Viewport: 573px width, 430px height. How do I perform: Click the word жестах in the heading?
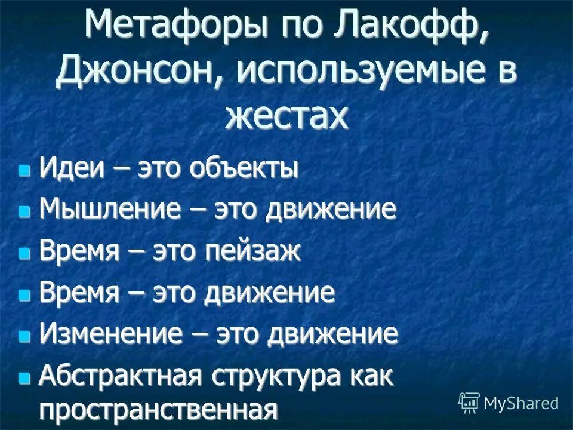point(285,115)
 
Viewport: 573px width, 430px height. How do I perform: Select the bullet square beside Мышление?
point(24,213)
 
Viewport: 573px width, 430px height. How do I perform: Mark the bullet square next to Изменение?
point(24,336)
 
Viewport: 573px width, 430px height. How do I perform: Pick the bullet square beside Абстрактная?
point(24,377)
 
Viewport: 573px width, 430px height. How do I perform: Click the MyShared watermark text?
point(520,403)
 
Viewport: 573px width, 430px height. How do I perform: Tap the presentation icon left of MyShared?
point(469,403)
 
